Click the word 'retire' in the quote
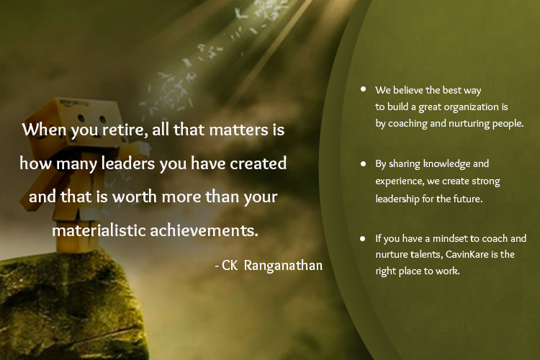tap(122, 130)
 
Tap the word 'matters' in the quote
tap(238, 130)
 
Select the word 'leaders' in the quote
tap(127, 163)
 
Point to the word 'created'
tap(258, 163)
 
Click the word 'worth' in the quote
tap(135, 197)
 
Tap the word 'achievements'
tap(204, 230)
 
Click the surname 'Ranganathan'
tap(283, 266)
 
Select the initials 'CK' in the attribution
tap(230, 266)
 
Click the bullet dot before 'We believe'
tap(363, 89)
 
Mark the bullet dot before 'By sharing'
tap(363, 164)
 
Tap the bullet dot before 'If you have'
tap(362, 238)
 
